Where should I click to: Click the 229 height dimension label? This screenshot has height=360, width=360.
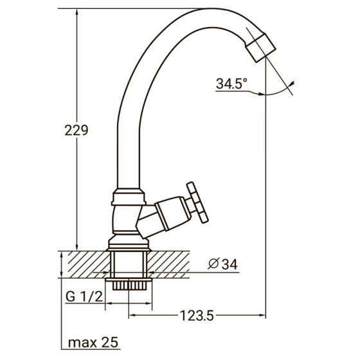(76, 130)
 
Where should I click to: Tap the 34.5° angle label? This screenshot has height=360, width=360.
(232, 84)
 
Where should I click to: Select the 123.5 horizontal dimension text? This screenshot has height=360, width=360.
(196, 315)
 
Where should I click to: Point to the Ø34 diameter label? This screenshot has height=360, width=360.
(223, 264)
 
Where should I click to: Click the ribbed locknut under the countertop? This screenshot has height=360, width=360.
(130, 283)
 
